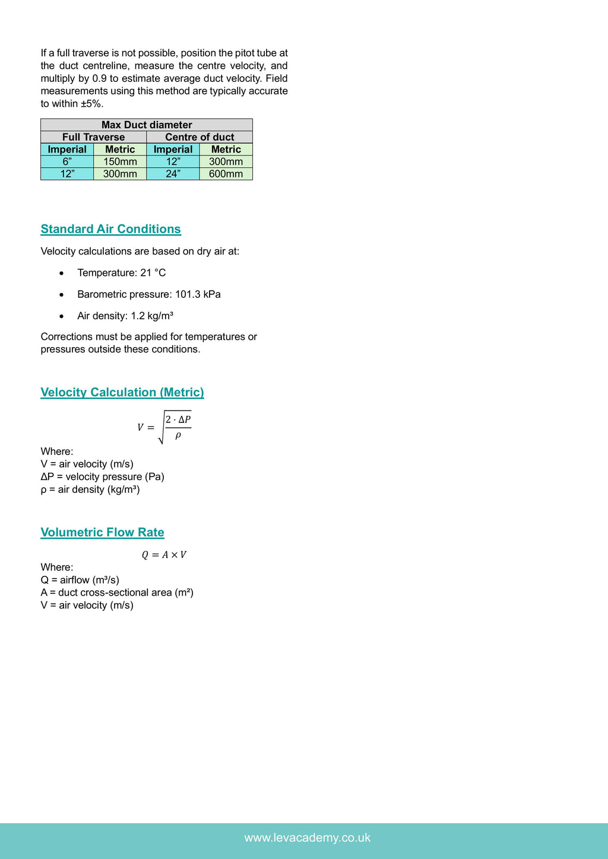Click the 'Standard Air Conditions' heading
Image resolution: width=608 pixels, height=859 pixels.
[110, 229]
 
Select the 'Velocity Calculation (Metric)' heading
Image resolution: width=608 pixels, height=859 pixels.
[122, 392]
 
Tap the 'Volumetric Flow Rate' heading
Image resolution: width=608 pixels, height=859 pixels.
[102, 532]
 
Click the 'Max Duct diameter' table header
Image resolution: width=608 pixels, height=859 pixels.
[147, 125]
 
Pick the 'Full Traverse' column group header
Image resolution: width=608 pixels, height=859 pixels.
[93, 137]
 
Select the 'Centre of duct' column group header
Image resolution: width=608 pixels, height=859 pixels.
[199, 137]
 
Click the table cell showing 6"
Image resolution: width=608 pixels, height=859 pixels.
[67, 161]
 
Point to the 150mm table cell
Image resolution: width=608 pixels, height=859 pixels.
[120, 161]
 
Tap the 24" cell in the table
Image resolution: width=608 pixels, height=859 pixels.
[173, 174]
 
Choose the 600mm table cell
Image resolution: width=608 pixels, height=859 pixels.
[226, 174]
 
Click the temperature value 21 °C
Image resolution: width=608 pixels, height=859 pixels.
[153, 273]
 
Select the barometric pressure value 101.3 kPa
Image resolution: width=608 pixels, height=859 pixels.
[198, 294]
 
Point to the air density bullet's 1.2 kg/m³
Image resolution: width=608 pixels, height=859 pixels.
[152, 316]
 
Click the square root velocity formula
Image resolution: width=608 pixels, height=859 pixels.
[164, 427]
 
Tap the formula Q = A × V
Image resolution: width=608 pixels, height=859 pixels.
[164, 555]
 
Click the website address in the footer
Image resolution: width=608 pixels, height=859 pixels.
[307, 838]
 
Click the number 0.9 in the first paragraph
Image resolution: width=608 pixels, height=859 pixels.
[100, 78]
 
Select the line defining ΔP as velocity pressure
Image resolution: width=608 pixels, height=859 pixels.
[102, 476]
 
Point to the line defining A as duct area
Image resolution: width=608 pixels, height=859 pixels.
[117, 592]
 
